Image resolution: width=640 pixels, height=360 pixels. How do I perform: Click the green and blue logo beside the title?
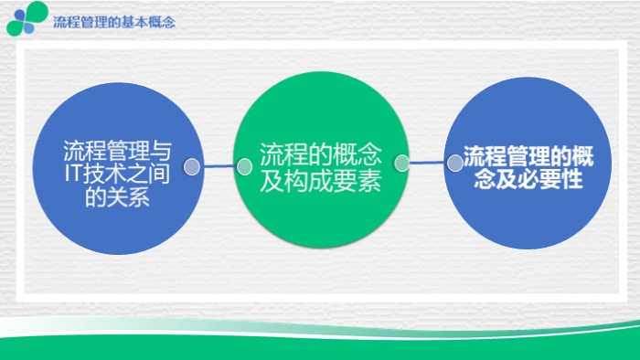click(27, 18)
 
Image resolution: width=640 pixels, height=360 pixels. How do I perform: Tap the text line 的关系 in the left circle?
click(116, 196)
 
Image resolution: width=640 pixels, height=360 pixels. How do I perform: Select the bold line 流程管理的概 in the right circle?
click(528, 156)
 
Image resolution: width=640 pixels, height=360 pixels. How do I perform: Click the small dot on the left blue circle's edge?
click(192, 167)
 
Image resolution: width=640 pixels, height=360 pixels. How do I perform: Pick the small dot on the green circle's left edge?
click(244, 167)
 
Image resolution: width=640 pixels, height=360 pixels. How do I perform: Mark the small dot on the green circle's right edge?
click(401, 164)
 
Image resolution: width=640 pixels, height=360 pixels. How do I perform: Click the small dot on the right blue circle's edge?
click(454, 164)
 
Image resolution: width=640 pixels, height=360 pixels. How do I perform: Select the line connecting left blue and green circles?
click(218, 167)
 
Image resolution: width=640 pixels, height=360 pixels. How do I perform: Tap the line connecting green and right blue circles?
click(428, 164)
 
